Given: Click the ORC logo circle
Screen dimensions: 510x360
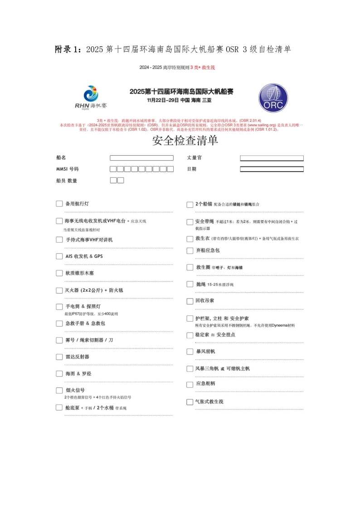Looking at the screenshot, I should coord(273,98).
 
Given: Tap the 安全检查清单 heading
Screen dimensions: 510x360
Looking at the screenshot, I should coord(185,141).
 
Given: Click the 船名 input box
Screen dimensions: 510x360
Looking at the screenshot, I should coord(141,158).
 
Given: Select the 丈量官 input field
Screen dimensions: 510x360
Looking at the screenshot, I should coord(272,158).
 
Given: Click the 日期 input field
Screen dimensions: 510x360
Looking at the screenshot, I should coord(272,169).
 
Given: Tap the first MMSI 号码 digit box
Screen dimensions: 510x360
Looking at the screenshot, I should coord(113,169).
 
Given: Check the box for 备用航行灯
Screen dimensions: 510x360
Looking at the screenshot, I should coord(59,204).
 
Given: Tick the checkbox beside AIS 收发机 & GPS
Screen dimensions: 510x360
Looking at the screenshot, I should coord(59,256).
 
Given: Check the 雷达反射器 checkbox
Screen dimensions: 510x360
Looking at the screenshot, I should coord(59,357).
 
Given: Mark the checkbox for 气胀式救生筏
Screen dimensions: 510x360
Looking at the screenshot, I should coord(190,402).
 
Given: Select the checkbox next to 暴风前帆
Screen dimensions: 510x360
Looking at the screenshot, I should coord(190,352).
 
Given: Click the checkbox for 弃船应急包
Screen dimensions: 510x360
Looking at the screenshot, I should coord(190,250).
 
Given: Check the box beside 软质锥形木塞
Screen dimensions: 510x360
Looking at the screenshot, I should coord(59,273).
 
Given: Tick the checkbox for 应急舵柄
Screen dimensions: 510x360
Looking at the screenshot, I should coord(190,384).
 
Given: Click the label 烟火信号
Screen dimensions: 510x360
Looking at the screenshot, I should coord(75,390).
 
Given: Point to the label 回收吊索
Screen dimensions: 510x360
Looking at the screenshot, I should coord(205,301).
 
